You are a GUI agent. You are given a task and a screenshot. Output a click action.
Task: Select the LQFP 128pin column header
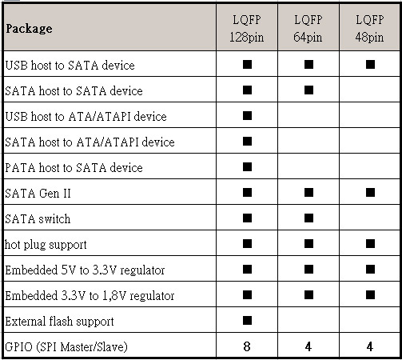pyautogui.click(x=247, y=29)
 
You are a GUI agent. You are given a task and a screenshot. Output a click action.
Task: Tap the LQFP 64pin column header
pyautogui.click(x=308, y=29)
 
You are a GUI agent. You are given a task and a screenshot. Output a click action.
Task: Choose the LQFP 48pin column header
pyautogui.click(x=369, y=29)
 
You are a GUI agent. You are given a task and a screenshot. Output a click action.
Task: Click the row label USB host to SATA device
pyautogui.click(x=70, y=65)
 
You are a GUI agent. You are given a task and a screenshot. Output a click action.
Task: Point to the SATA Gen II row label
pyautogui.click(x=38, y=193)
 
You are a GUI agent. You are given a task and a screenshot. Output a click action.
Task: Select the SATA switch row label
pyautogui.click(x=38, y=218)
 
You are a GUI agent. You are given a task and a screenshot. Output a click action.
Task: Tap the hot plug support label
pyautogui.click(x=46, y=245)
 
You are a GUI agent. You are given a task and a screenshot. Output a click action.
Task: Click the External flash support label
pyautogui.click(x=59, y=321)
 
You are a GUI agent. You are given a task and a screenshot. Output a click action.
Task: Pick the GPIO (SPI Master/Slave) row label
pyautogui.click(x=66, y=347)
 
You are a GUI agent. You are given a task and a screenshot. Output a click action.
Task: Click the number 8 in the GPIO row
pyautogui.click(x=247, y=346)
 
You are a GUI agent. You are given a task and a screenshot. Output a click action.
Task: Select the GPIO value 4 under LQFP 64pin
pyautogui.click(x=308, y=346)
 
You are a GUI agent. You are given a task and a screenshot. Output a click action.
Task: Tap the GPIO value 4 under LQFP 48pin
pyautogui.click(x=370, y=346)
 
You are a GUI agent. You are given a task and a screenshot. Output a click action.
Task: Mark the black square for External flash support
pyautogui.click(x=247, y=320)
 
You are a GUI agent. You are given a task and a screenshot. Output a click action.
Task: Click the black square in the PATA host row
pyautogui.click(x=247, y=166)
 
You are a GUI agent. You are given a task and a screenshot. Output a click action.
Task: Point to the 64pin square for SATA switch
pyautogui.click(x=308, y=218)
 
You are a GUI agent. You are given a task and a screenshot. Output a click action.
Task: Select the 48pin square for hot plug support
pyautogui.click(x=370, y=243)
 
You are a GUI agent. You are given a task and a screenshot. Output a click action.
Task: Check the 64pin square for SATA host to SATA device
pyautogui.click(x=308, y=90)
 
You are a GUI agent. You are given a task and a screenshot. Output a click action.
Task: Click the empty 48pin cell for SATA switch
pyautogui.click(x=369, y=218)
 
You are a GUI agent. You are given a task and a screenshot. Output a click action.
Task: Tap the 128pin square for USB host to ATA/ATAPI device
pyautogui.click(x=247, y=115)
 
